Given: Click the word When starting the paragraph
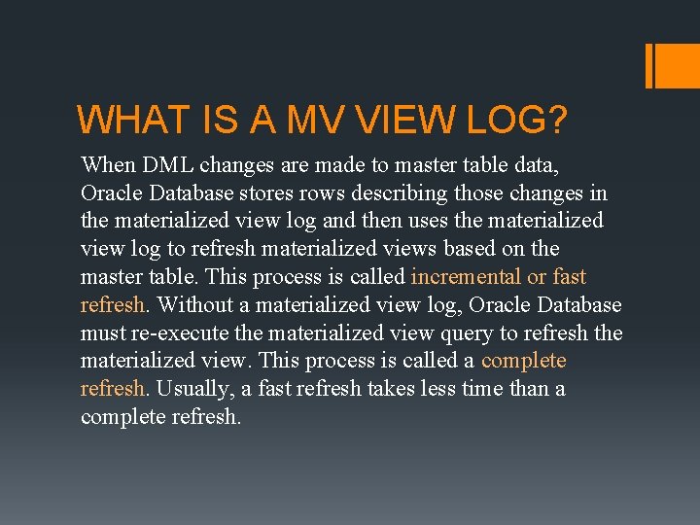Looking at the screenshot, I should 108,164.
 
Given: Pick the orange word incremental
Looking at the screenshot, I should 466,276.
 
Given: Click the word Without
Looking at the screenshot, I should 192,304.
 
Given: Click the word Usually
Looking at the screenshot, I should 187,389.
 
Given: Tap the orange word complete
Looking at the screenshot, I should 523,361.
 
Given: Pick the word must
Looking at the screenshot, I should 102,332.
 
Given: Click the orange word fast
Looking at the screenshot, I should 569,276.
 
